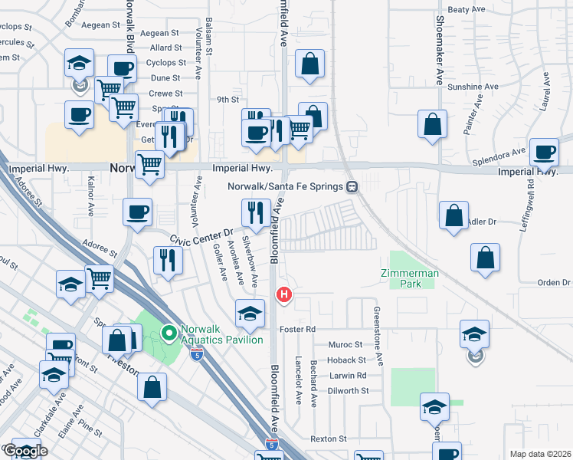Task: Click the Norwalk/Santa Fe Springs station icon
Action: (x=352, y=186)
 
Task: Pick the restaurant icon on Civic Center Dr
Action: (x=255, y=212)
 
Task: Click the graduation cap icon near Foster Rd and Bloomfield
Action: (x=250, y=313)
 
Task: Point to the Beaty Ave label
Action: (x=467, y=10)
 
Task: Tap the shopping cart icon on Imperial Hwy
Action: (x=149, y=163)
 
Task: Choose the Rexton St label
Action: (x=329, y=439)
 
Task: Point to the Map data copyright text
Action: (x=540, y=454)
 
